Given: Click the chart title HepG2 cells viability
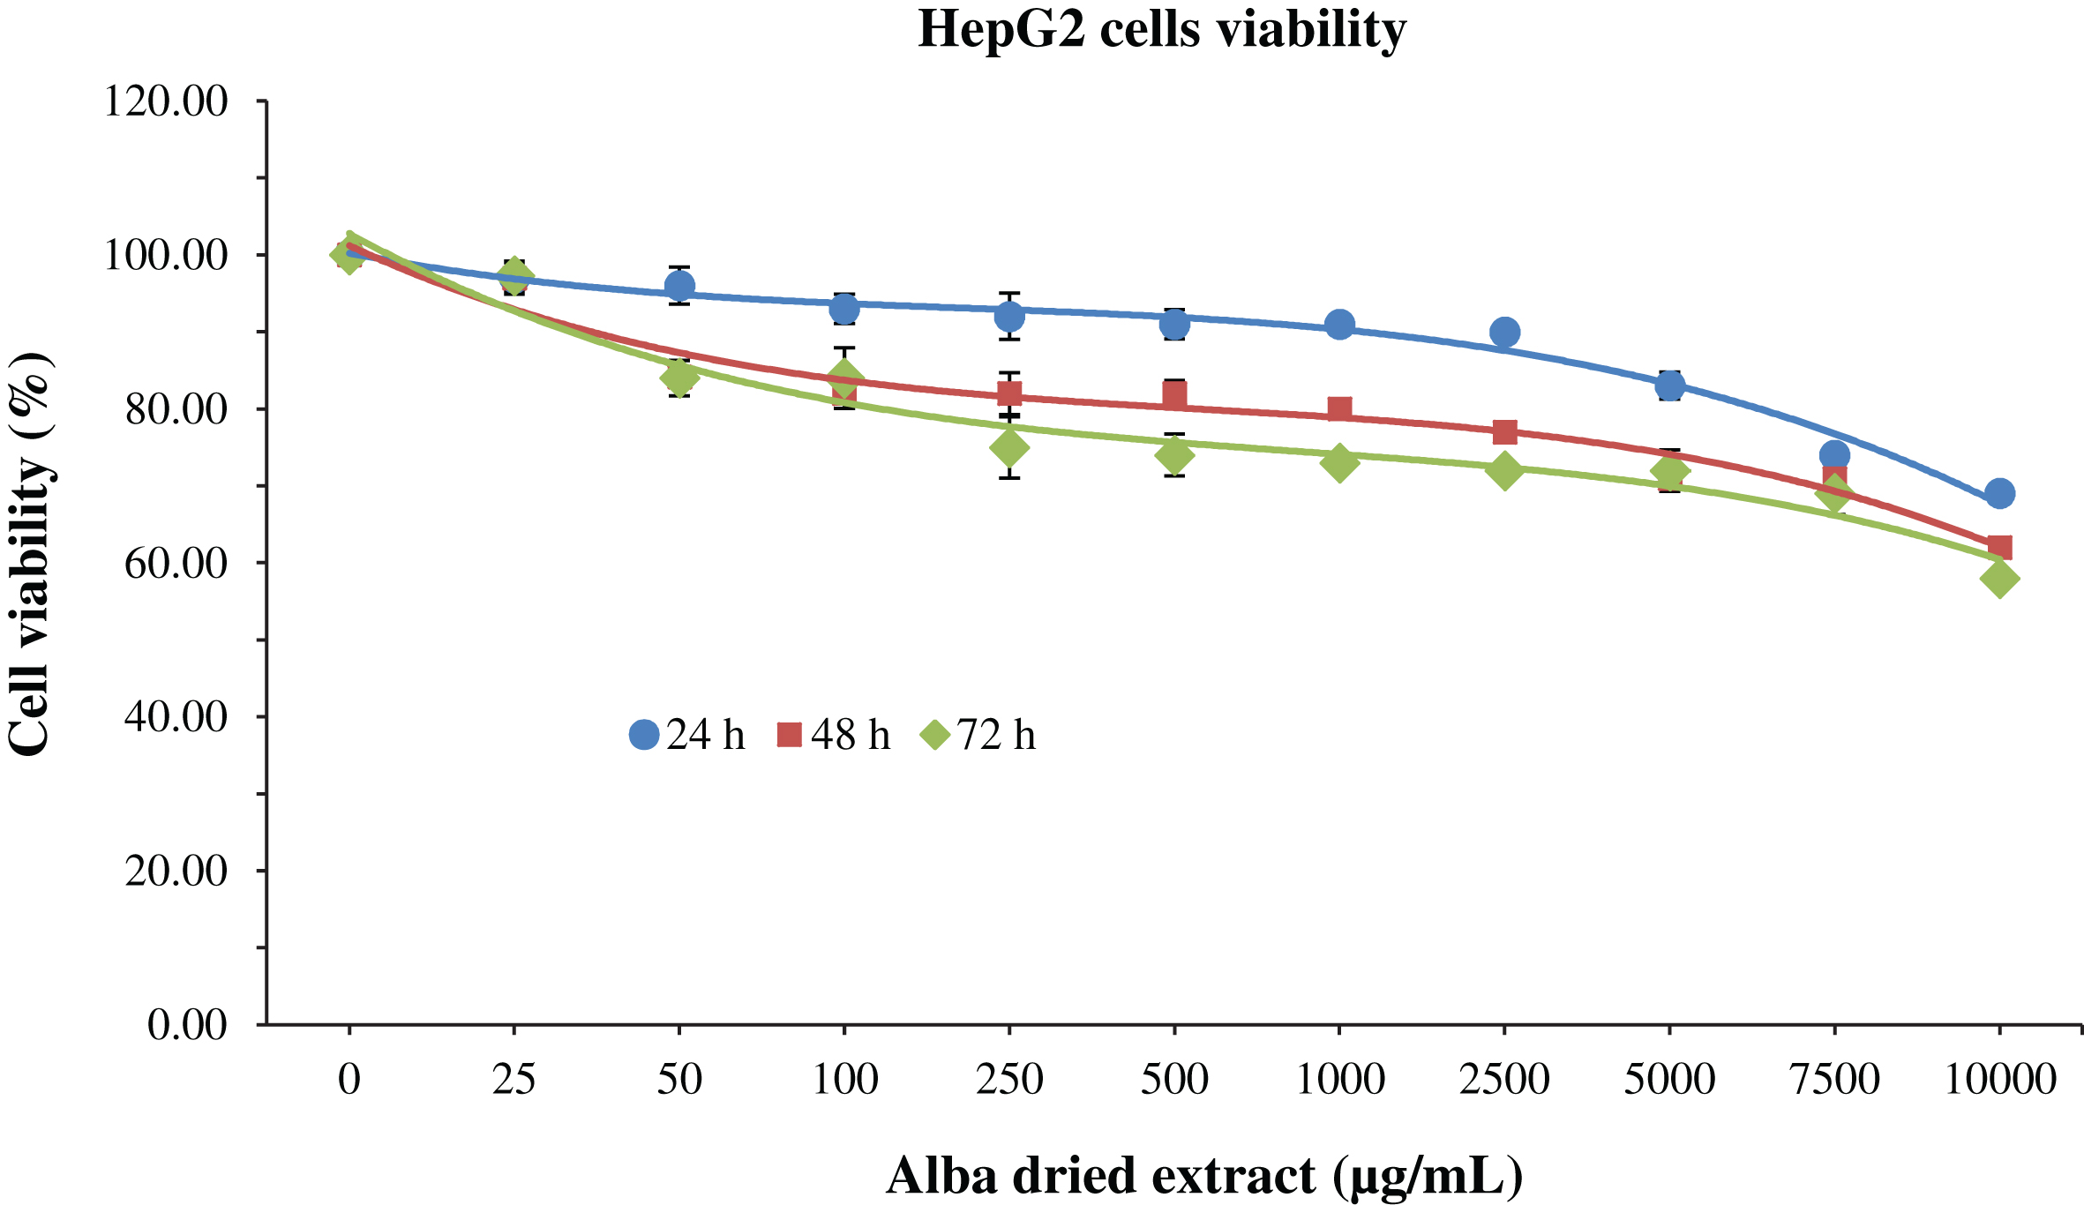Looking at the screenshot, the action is [1162, 30].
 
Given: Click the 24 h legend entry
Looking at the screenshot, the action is [687, 735].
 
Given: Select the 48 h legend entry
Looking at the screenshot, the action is [834, 735].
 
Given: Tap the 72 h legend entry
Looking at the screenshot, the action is [978, 735].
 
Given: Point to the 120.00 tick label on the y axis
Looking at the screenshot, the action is [166, 101].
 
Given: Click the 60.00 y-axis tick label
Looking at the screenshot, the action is [176, 563].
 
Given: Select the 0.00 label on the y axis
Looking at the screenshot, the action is [187, 1025].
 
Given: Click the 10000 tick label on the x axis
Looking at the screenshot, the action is [2000, 1080].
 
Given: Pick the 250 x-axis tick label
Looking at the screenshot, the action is [1009, 1080].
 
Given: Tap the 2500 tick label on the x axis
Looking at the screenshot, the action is [1504, 1080].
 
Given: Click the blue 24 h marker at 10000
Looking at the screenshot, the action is [2000, 493].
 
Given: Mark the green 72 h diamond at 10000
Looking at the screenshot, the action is [2000, 579].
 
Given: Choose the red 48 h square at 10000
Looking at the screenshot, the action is [2000, 548].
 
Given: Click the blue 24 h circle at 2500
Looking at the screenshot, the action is [1504, 333].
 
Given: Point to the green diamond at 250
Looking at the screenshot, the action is [1009, 448].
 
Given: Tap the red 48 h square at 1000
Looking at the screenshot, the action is [1339, 409].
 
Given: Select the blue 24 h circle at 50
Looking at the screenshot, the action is [679, 286].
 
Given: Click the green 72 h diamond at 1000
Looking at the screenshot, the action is [1339, 462].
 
